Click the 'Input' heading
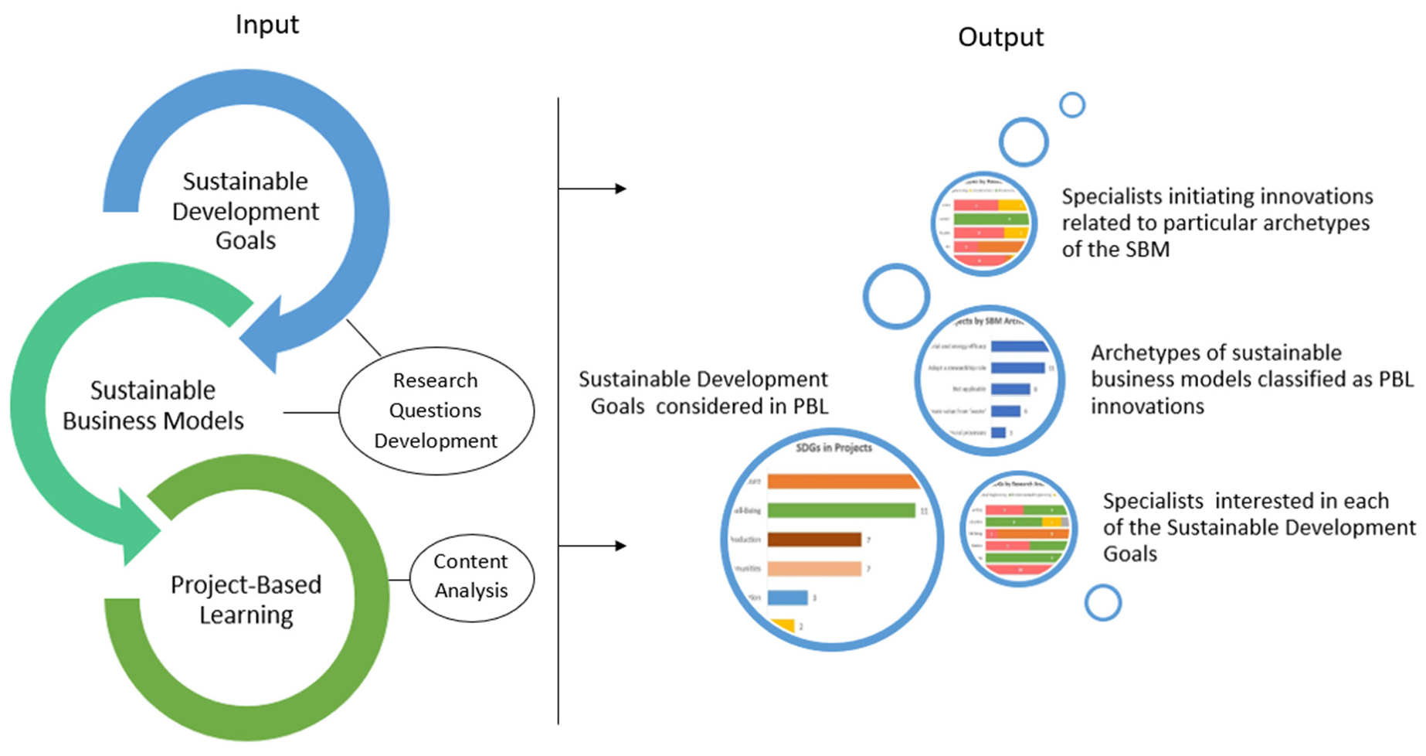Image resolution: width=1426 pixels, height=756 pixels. pyautogui.click(x=267, y=25)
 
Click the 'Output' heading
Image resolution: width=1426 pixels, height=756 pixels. pyautogui.click(x=1000, y=37)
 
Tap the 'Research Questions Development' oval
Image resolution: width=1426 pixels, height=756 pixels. pyautogui.click(x=436, y=410)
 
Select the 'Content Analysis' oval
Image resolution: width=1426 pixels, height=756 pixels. pyautogui.click(x=470, y=577)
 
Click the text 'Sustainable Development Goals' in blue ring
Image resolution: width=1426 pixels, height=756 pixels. pyautogui.click(x=245, y=211)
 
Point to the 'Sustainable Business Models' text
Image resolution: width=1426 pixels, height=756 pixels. pyautogui.click(x=153, y=405)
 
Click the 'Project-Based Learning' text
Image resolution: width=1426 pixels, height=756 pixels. pyautogui.click(x=246, y=599)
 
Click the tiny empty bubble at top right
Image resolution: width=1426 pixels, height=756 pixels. pyautogui.click(x=1071, y=105)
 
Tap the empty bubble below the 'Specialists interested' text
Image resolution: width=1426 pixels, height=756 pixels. pyautogui.click(x=1102, y=603)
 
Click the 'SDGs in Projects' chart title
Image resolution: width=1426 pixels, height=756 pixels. pyautogui.click(x=834, y=448)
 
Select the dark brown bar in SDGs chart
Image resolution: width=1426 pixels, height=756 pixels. pyautogui.click(x=814, y=539)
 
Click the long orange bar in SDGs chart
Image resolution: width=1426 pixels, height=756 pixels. pyautogui.click(x=842, y=482)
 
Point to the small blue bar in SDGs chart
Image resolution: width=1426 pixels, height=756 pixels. pyautogui.click(x=787, y=598)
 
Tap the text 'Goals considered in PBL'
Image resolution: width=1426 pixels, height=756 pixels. pyautogui.click(x=709, y=407)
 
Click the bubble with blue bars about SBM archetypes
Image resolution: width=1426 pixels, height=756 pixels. pyautogui.click(x=990, y=380)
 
